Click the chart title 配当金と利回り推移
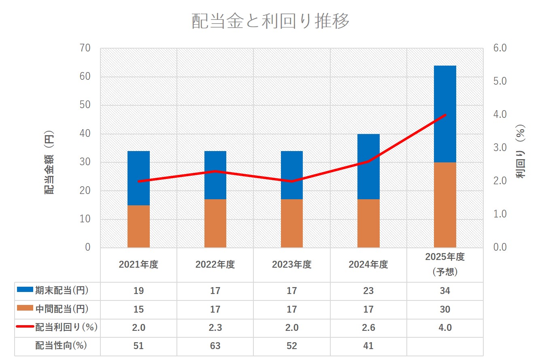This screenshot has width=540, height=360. [270, 21]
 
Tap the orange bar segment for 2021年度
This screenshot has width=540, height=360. [138, 226]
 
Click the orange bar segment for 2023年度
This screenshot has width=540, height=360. [292, 223]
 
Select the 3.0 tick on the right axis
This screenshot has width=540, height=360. [501, 148]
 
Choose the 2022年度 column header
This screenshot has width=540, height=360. [215, 265]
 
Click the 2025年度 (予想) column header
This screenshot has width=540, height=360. [445, 264]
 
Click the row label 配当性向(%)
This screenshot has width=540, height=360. [61, 346]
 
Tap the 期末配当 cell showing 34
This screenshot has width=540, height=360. [445, 291]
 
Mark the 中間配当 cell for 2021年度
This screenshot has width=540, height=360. [138, 309]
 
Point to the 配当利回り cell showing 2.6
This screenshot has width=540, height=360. [368, 328]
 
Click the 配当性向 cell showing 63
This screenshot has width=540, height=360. [215, 346]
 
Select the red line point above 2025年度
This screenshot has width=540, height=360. [445, 115]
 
